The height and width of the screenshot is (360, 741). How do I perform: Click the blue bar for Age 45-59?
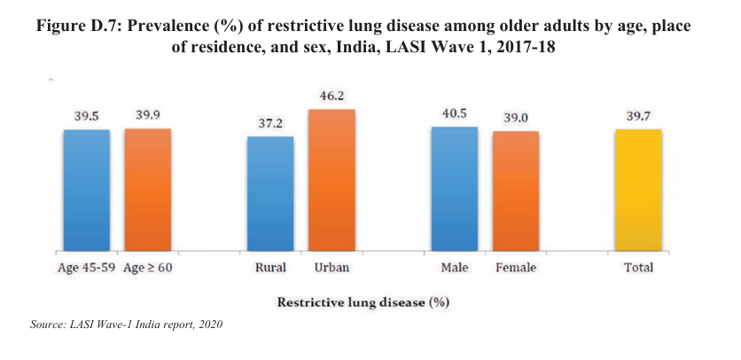pos(86,191)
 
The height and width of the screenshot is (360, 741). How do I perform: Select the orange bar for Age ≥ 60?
pos(147,191)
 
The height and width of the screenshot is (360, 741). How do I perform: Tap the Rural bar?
pos(270,194)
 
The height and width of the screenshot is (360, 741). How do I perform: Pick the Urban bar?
pos(331,181)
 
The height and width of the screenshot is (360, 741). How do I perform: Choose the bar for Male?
pos(455,190)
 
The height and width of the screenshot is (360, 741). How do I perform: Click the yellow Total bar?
pos(638,191)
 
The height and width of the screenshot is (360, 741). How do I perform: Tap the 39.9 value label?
pos(147,114)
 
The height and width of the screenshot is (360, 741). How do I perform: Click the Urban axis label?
pos(330,267)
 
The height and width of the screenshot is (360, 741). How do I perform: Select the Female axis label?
pos(516,267)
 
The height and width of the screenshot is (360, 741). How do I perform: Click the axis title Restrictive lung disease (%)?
pos(363,301)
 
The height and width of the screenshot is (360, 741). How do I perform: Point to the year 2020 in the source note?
pos(209,325)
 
